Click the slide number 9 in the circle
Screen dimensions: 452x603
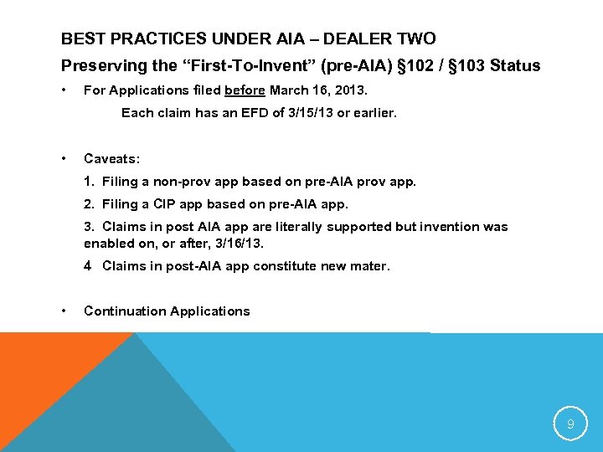[570, 424]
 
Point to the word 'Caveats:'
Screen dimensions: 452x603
[112, 158]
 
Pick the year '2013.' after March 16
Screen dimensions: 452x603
[350, 90]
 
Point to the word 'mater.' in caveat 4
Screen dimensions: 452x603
[371, 266]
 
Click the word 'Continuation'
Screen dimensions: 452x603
[125, 311]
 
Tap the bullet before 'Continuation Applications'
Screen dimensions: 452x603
[64, 311]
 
